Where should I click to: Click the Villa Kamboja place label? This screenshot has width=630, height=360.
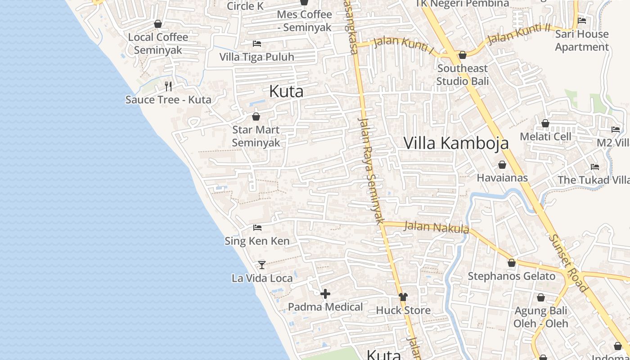[x=456, y=143]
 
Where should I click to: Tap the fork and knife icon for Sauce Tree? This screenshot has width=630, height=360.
[x=168, y=86]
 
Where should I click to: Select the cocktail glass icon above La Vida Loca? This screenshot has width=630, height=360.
[x=262, y=265]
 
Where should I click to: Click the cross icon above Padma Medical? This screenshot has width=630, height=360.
[x=325, y=294]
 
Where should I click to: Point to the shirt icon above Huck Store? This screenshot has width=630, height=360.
[x=403, y=297]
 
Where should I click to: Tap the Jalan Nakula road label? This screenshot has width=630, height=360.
[x=436, y=227]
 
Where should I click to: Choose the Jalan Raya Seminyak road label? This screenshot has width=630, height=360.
[x=371, y=171]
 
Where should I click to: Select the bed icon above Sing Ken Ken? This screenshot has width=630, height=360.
[x=257, y=228]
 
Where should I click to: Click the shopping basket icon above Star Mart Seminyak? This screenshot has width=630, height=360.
[x=256, y=117]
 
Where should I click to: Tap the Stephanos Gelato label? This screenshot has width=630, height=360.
[x=512, y=276]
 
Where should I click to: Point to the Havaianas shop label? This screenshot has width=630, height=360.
[x=502, y=178]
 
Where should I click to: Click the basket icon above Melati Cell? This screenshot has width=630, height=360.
[x=545, y=123]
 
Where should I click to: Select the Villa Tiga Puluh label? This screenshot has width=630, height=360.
[x=256, y=57]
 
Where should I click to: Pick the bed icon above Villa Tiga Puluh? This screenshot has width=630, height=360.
[x=257, y=44]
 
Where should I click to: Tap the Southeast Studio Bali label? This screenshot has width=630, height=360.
[x=462, y=75]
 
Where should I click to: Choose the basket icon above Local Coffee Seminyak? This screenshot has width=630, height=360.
[x=158, y=24]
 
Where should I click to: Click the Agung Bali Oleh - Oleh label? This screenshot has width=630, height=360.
[x=541, y=317]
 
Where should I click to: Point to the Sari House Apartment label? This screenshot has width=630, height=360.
[x=581, y=40]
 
